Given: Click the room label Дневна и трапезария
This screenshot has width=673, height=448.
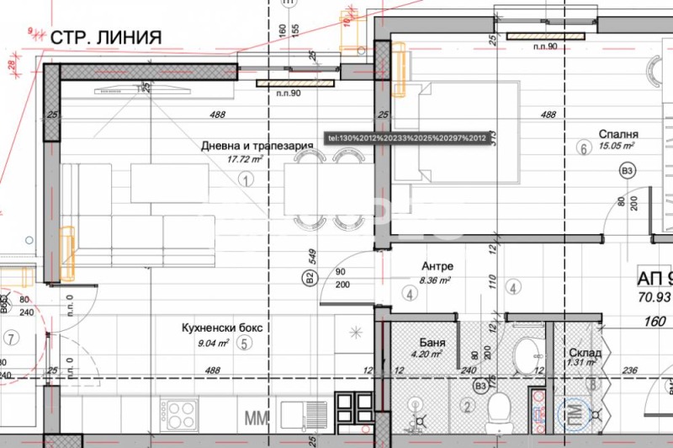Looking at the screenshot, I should (x=257, y=145).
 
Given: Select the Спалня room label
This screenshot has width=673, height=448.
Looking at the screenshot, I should (x=618, y=134).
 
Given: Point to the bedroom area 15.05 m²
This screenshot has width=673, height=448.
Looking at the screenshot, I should (x=616, y=146).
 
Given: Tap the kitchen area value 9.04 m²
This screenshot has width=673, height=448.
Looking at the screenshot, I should (x=213, y=343).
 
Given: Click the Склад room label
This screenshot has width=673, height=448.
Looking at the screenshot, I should (x=584, y=354).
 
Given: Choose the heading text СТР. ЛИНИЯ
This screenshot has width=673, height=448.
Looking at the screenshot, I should (x=105, y=37).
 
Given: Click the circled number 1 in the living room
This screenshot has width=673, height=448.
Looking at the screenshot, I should (x=246, y=179).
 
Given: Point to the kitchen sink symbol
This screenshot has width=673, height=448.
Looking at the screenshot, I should (x=304, y=415).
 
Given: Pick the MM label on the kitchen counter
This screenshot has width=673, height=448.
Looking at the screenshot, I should (x=255, y=416).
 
